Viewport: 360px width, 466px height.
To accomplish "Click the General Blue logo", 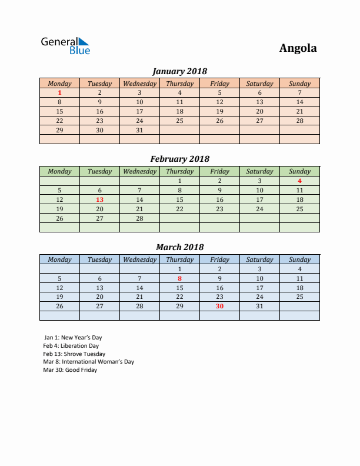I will (65, 46).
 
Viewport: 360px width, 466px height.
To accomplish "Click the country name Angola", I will (298, 48).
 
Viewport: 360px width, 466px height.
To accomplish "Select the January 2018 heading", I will (179, 71).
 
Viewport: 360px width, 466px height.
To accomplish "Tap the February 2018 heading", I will (179, 159).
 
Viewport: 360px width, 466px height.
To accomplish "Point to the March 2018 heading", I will (179, 247).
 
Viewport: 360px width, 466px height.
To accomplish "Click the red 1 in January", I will (59, 92).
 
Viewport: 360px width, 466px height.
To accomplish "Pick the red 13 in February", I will (99, 199).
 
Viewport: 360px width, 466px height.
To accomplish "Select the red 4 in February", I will (299, 181).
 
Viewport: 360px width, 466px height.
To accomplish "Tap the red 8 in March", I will (179, 278).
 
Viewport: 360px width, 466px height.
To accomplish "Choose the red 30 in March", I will (219, 307).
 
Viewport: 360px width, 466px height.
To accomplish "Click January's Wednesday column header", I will (139, 84).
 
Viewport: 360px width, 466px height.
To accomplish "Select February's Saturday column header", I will (259, 171).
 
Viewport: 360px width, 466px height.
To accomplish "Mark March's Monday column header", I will (59, 259).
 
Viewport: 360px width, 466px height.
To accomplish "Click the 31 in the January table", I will (139, 130).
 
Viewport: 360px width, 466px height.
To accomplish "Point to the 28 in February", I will (139, 218).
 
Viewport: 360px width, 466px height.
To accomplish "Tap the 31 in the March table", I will (259, 307).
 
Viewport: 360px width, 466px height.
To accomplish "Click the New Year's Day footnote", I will (73, 338).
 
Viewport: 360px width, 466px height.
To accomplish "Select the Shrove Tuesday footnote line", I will (74, 354).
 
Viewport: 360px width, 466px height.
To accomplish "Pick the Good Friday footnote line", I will (70, 370).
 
